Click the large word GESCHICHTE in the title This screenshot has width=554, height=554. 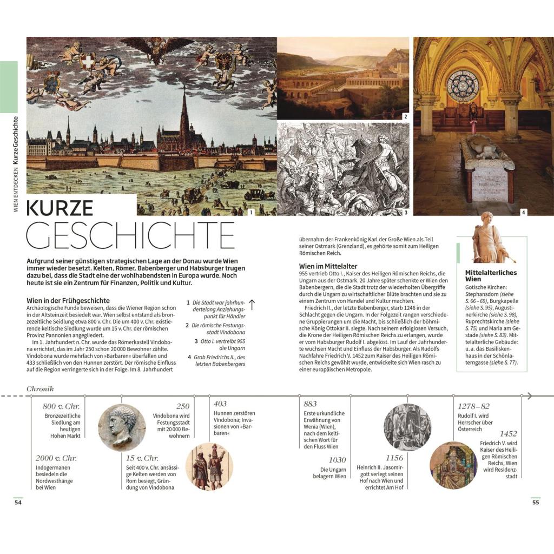pyautogui.click(x=130, y=236)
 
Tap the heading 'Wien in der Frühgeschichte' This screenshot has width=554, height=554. pyautogui.click(x=68, y=300)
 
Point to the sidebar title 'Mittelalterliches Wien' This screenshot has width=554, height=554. pyautogui.click(x=491, y=276)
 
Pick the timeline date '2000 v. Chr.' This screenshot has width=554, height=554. pyautogui.click(x=56, y=458)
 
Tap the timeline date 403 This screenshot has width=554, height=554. pyautogui.click(x=220, y=404)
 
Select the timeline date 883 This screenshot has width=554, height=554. pyautogui.click(x=311, y=404)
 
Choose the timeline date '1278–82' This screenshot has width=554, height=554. pyautogui.click(x=473, y=406)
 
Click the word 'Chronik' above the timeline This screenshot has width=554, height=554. pyautogui.click(x=40, y=388)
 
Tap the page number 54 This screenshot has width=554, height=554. pyautogui.click(x=18, y=503)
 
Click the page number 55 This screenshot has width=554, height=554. pyautogui.click(x=536, y=503)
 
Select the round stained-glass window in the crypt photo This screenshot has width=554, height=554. pyautogui.click(x=463, y=85)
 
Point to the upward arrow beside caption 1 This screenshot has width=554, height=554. pyautogui.click(x=252, y=305)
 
